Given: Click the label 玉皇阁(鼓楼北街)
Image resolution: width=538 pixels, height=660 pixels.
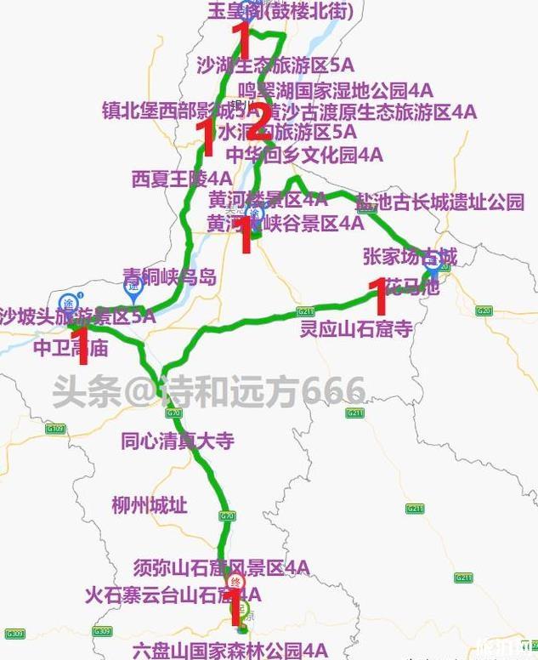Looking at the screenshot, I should (280, 11).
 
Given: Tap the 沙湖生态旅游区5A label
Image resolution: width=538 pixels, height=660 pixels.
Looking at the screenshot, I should (275, 65).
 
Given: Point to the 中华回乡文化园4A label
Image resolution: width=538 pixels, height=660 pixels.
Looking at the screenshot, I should (304, 155).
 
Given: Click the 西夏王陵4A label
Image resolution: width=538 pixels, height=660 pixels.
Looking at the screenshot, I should (182, 179).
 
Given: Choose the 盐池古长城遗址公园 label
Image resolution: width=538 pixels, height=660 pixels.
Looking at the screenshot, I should (439, 202).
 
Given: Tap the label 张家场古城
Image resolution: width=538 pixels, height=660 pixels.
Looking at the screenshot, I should (410, 256).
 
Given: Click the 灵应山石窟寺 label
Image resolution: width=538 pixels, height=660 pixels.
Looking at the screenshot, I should (356, 328).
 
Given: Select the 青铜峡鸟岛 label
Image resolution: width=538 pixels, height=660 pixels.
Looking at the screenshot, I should (170, 276).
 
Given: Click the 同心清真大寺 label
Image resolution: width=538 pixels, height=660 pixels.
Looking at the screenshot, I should (178, 441).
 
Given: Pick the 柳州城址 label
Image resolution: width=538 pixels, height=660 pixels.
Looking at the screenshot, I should (149, 505).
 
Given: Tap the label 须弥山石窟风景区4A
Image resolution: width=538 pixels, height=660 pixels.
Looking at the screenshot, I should (221, 567).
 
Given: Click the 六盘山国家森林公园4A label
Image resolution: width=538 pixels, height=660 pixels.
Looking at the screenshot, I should (229, 651).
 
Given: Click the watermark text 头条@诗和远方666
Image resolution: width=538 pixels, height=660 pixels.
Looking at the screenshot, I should (208, 392).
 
